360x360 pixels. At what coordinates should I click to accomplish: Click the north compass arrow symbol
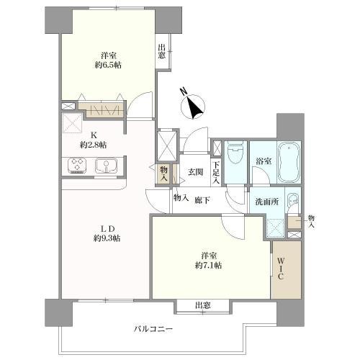pos(192,107)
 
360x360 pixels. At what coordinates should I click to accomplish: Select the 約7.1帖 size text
pos(207,265)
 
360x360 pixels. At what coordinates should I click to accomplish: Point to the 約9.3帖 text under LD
pos(106,238)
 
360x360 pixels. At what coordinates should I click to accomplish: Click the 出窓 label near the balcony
pos(202,306)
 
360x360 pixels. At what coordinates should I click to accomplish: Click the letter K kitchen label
pos(92,133)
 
